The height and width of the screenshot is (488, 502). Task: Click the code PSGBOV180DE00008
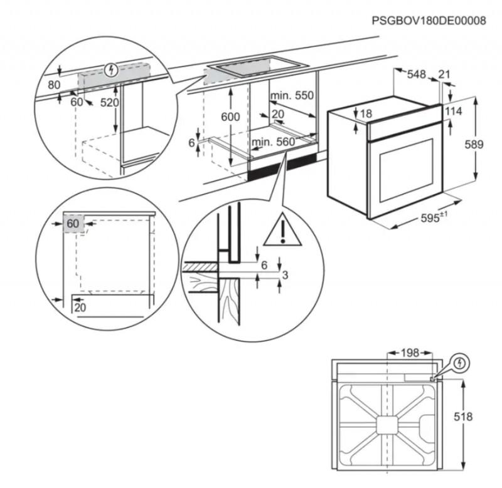429,21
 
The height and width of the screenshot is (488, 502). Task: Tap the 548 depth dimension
416,75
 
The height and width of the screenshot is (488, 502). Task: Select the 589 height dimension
474,145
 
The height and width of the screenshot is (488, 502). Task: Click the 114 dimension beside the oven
453,112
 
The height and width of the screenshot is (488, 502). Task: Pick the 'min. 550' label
292,95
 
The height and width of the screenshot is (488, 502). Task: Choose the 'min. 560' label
273,142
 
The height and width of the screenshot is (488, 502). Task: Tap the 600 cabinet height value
230,117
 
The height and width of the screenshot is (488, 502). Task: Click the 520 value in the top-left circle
109,103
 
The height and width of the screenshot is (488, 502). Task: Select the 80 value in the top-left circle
54,85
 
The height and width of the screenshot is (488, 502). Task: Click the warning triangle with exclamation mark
282,229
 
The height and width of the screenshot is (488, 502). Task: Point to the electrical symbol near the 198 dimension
461,363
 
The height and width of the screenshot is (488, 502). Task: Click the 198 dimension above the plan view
410,353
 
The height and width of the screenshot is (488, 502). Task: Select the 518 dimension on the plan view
463,417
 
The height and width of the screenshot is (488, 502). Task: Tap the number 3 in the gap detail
285,275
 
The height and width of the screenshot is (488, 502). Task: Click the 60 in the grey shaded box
73,224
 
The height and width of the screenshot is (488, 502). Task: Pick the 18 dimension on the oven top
366,114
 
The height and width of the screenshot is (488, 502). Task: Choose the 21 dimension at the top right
444,75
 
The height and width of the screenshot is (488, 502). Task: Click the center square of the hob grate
387,425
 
